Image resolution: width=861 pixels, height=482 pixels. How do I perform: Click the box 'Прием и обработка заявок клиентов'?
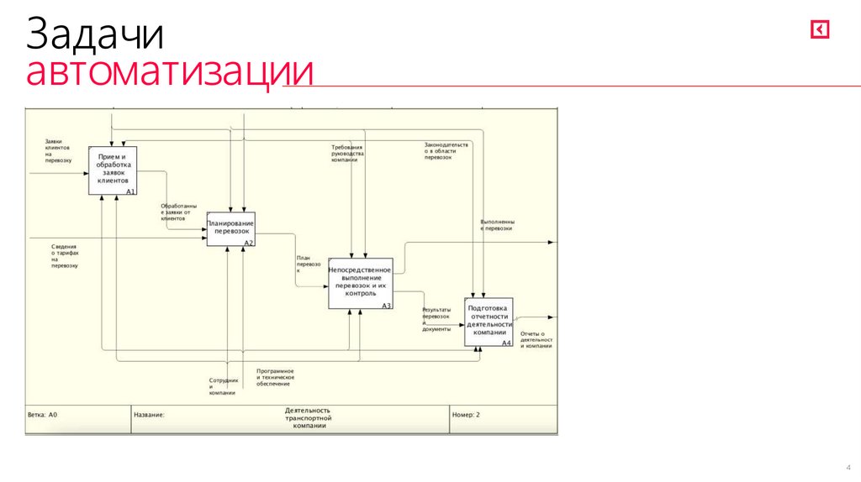[x=113, y=170]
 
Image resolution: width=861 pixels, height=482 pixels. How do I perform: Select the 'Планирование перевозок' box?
[x=230, y=228]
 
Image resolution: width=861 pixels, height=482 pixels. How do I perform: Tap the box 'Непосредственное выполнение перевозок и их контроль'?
[x=360, y=282]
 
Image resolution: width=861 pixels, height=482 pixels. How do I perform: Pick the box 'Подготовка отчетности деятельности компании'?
[x=489, y=321]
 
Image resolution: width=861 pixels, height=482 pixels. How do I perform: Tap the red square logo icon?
[x=820, y=30]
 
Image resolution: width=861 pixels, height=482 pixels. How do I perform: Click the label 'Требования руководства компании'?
[x=347, y=153]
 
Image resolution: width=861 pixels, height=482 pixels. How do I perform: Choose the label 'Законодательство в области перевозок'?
[x=446, y=150]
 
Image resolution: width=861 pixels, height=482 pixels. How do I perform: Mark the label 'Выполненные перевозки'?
[x=497, y=225]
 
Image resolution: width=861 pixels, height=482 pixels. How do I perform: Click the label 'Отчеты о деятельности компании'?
[x=536, y=340]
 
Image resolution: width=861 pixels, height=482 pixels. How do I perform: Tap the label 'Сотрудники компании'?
[x=223, y=386]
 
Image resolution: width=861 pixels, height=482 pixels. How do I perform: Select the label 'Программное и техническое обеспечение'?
[x=275, y=377]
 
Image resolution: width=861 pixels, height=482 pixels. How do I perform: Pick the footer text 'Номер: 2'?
[x=467, y=415]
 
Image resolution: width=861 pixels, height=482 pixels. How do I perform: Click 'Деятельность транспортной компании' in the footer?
[x=309, y=418]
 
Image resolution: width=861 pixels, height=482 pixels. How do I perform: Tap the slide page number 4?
[x=848, y=468]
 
